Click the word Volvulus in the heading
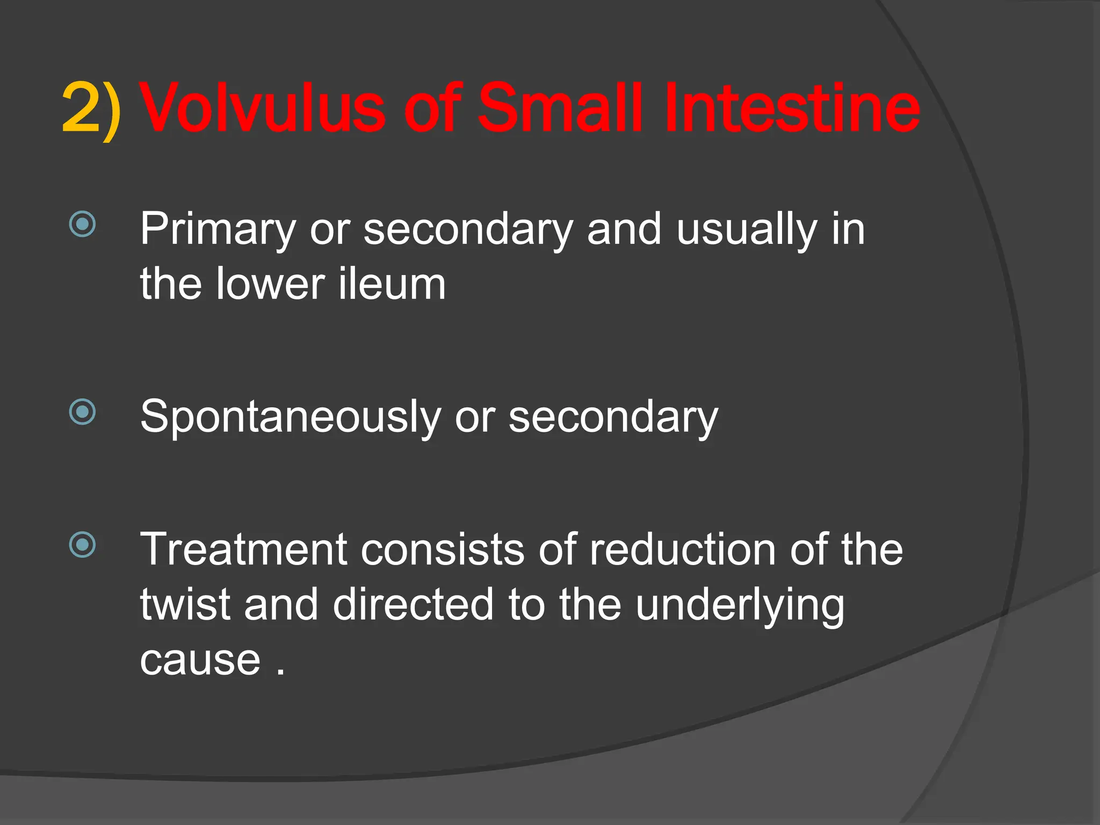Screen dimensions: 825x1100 [x=262, y=109]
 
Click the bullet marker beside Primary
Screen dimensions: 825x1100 [x=83, y=224]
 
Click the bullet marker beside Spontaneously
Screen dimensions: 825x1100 [x=83, y=412]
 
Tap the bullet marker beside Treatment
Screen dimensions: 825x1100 [x=83, y=545]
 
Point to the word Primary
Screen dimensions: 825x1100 [x=218, y=230]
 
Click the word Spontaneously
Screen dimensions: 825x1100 [x=290, y=418]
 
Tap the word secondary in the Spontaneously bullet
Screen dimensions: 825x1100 [x=613, y=418]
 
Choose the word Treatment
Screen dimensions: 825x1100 [x=243, y=549]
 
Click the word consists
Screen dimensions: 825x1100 [x=442, y=549]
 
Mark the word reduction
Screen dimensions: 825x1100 [x=682, y=549]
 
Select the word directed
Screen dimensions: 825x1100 [x=412, y=604]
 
